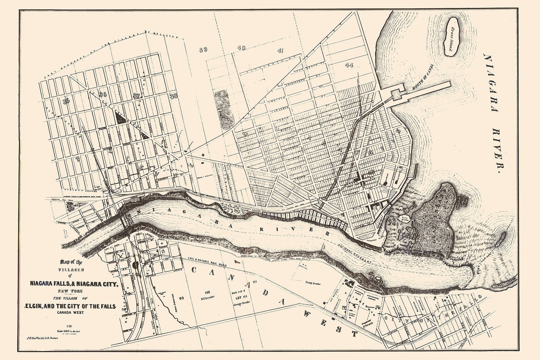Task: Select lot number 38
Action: (174, 96)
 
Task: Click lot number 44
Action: (348, 65)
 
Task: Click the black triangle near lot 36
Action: (120, 118)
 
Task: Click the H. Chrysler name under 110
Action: (207, 298)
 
